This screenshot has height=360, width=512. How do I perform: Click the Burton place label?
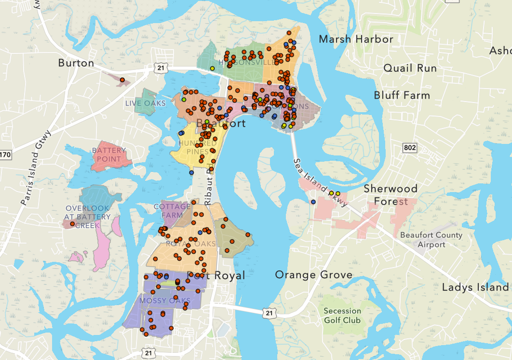tap(76, 63)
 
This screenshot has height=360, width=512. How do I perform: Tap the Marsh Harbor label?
tap(356, 40)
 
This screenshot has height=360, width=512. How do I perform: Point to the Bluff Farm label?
tap(402, 95)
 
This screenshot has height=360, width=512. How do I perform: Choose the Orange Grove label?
tap(313, 274)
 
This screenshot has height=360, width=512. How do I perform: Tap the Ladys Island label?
tap(475, 287)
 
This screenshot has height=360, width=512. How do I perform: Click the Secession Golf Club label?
tap(342, 316)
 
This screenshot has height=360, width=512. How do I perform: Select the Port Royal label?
tap(216, 275)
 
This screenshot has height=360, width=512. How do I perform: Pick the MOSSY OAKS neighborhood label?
tap(165, 300)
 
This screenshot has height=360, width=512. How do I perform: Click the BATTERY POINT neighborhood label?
tap(109, 154)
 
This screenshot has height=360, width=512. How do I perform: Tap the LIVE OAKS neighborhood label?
tap(145, 103)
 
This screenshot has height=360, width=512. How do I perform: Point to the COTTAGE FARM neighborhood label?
tap(172, 211)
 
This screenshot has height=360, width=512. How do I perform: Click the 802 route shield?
tap(410, 148)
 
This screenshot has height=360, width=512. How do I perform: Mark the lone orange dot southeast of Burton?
tap(122, 80)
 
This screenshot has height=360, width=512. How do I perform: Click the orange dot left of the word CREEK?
tap(72, 224)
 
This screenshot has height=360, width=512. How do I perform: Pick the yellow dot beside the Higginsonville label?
tap(212, 68)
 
